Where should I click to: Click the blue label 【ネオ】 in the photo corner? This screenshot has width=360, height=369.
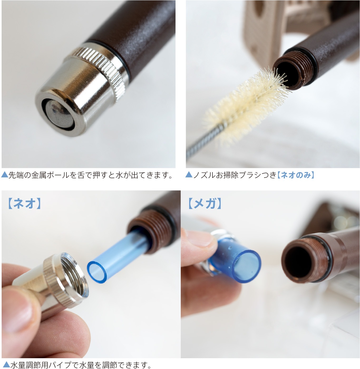click(24, 203)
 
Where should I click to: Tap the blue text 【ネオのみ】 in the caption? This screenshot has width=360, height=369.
click(296, 175)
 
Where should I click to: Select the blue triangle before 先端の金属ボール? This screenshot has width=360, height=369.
click(4, 174)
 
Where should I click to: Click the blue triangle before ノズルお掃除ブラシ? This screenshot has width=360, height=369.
click(189, 174)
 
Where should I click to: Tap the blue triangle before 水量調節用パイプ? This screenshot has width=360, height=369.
click(6, 365)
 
